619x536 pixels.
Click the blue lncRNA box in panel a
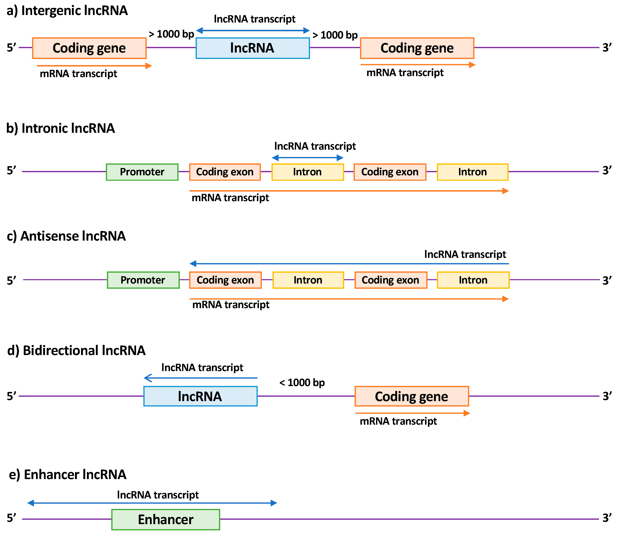coord(253,48)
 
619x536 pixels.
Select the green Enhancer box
coord(166,520)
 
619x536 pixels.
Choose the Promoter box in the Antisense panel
coord(143,280)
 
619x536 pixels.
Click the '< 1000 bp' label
coord(302,383)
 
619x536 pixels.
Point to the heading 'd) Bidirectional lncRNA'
coord(76,350)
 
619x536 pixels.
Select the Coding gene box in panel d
coord(411,396)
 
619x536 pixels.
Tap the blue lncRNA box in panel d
coord(200,396)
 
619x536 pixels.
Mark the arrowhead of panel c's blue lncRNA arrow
coord(193,264)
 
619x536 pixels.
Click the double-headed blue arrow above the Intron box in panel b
coord(308,158)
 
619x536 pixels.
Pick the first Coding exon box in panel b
coord(225,172)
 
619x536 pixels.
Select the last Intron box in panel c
coord(473,280)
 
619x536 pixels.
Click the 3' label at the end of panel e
coord(607,518)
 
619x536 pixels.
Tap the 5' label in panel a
coord(11,48)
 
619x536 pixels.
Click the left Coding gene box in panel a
coord(89,48)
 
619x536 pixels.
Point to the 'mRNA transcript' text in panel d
coord(398,421)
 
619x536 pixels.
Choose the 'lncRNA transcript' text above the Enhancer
coord(158,495)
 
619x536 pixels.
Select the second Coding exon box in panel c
coord(391,280)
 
